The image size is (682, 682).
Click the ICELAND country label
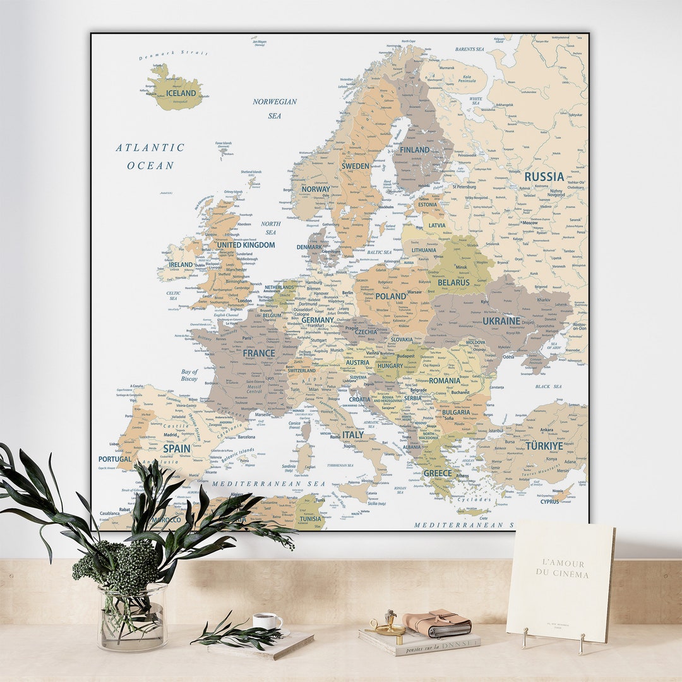tap(181, 93)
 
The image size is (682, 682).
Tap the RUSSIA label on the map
tap(544, 177)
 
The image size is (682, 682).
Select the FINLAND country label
tap(414, 150)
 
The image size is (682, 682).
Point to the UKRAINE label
tap(501, 321)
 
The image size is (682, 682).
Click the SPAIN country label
tap(176, 448)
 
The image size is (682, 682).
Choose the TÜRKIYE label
tap(544, 446)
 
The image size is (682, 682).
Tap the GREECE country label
tap(438, 473)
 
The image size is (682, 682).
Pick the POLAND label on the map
tap(391, 296)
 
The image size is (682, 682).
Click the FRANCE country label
tap(259, 354)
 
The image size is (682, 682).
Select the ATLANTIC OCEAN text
tap(150, 156)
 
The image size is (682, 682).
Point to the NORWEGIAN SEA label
tap(275, 108)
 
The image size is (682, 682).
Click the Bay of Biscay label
tap(189, 375)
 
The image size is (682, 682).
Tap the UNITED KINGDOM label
tap(246, 245)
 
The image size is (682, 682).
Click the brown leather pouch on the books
tap(437, 623)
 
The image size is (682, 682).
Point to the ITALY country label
tap(352, 435)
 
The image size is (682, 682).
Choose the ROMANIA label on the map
tap(444, 381)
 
